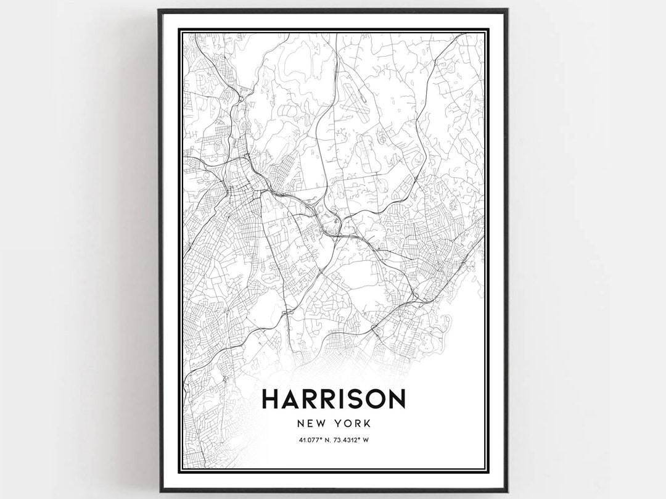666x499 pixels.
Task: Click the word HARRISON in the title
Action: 334,398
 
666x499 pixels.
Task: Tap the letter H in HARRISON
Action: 271,398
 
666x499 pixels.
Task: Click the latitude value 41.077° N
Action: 315,440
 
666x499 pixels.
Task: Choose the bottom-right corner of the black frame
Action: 507,490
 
